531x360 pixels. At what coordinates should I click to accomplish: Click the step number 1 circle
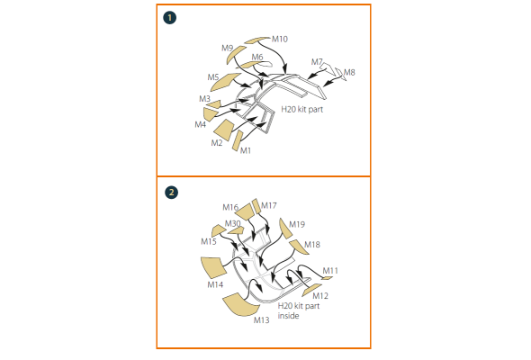click(169, 18)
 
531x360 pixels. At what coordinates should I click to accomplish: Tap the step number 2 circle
click(171, 193)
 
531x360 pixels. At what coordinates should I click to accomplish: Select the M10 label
click(280, 40)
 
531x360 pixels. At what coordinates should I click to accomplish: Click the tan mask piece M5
click(225, 82)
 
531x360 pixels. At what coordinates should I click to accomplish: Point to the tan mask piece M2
click(224, 130)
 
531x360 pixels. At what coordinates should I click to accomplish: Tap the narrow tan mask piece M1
click(238, 140)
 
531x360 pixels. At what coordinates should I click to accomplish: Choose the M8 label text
click(349, 73)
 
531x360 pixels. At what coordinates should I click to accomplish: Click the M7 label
click(317, 62)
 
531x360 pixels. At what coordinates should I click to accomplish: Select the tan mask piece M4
click(211, 114)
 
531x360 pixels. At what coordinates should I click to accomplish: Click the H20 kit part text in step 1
click(302, 110)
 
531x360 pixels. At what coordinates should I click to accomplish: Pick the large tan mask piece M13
click(241, 305)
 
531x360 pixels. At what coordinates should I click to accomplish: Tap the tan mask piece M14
click(213, 267)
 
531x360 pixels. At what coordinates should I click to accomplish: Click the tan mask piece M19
click(285, 229)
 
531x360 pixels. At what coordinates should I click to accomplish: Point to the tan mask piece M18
click(299, 247)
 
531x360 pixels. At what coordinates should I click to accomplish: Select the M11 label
click(330, 271)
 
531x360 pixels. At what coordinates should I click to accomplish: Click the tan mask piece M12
click(312, 290)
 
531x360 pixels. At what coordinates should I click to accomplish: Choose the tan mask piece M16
click(244, 212)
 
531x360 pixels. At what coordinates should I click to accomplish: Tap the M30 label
click(233, 223)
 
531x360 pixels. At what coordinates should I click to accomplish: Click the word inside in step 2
click(288, 316)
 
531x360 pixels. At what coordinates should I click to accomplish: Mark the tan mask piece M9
click(236, 55)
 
